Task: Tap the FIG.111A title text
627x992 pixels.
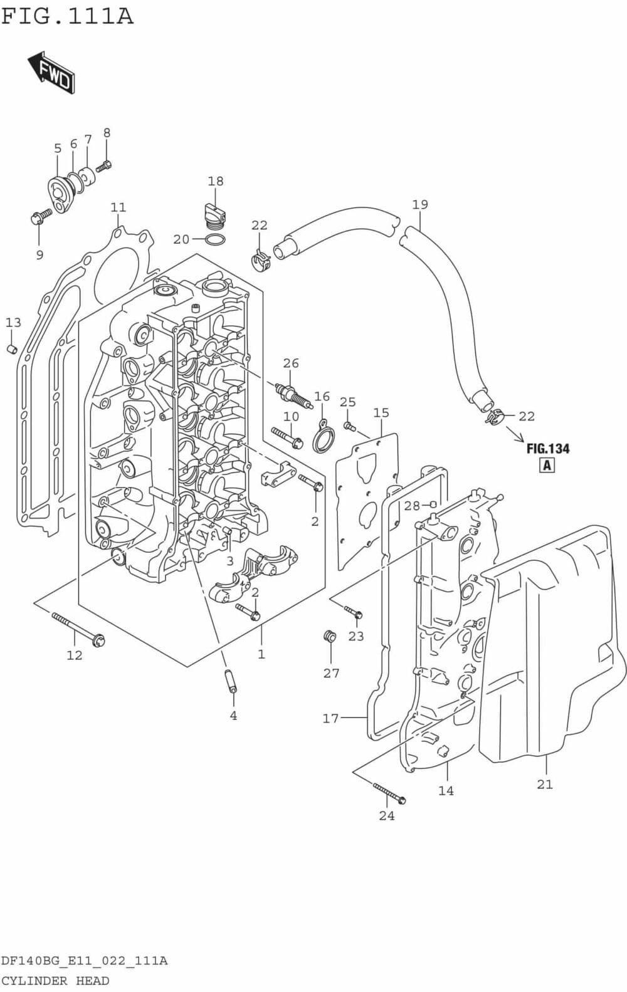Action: point(67,16)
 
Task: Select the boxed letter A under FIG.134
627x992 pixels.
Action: point(547,465)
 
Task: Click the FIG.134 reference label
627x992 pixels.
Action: point(547,449)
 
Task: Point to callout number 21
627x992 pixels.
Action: point(544,784)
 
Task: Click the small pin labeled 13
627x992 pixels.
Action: point(11,348)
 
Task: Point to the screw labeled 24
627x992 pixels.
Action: point(389,793)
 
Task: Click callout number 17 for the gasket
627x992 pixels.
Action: point(330,719)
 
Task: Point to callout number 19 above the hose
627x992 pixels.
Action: point(419,204)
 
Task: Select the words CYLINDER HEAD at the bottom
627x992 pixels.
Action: point(55,981)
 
